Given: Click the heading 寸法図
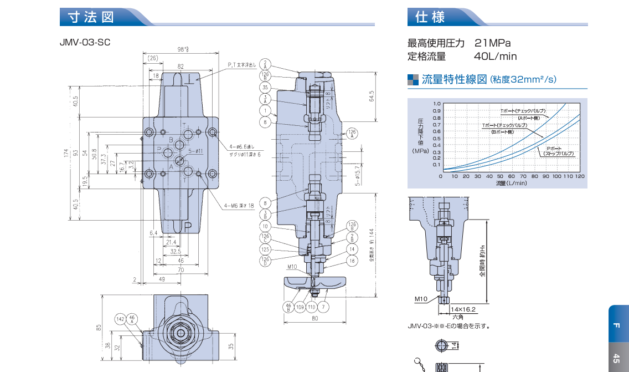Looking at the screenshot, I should [x=91, y=17].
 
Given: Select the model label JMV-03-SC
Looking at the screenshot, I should [x=85, y=42].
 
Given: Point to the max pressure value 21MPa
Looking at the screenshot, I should [x=492, y=43].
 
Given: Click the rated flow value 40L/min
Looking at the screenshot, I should [x=495, y=56].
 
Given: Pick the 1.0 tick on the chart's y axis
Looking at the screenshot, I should [x=436, y=104].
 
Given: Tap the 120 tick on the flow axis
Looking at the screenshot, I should [x=579, y=176].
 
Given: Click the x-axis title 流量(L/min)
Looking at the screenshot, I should [x=511, y=183].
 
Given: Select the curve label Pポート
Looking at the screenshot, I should [x=554, y=149].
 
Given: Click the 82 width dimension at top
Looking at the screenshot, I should [x=181, y=66].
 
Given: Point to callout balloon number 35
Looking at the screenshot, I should [x=265, y=88].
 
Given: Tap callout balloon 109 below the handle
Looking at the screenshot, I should [x=300, y=306].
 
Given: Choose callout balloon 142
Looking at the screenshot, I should [x=120, y=319].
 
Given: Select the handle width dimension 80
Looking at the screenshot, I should [x=314, y=318].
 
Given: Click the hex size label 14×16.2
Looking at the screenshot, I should [x=463, y=309].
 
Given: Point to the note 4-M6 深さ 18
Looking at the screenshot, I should [x=239, y=205].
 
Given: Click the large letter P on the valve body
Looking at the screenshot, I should [x=188, y=227].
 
